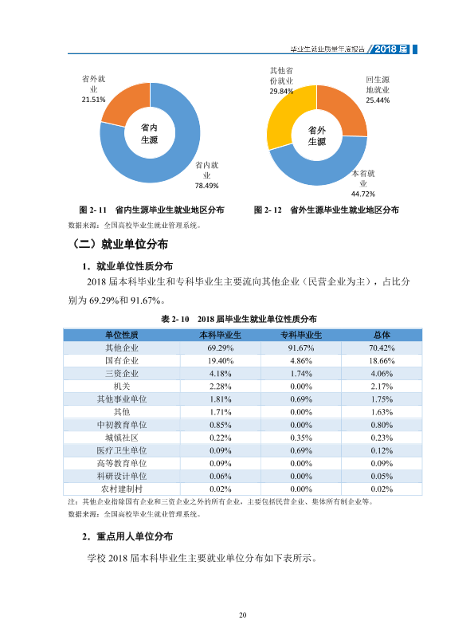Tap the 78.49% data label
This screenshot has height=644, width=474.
(x=206, y=186)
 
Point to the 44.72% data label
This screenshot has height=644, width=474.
(x=362, y=194)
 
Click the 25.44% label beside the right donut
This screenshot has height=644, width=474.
(x=378, y=100)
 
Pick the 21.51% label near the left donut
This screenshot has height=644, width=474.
(x=93, y=100)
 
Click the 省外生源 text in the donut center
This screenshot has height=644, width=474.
(x=317, y=136)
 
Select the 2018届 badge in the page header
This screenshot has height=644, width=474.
(x=391, y=49)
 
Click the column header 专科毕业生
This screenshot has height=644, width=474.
(x=301, y=335)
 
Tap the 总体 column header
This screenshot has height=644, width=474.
(x=382, y=335)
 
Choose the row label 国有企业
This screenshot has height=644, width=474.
(x=122, y=361)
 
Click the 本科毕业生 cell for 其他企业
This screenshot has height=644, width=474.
(x=221, y=348)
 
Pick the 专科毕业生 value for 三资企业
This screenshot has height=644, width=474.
(x=301, y=374)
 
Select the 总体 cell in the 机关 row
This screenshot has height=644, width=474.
(x=382, y=387)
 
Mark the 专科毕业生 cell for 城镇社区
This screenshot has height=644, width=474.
(x=301, y=438)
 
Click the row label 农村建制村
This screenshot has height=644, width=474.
(x=122, y=489)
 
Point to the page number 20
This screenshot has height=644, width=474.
(x=242, y=615)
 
